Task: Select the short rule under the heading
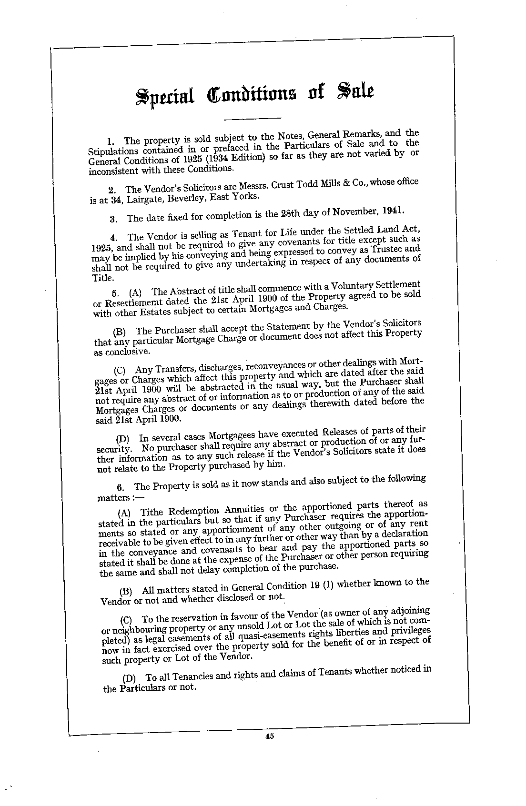[x=252, y=118]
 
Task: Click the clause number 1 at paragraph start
[x=111, y=141]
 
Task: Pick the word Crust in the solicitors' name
[x=282, y=185]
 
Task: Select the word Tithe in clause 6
[x=151, y=513]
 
